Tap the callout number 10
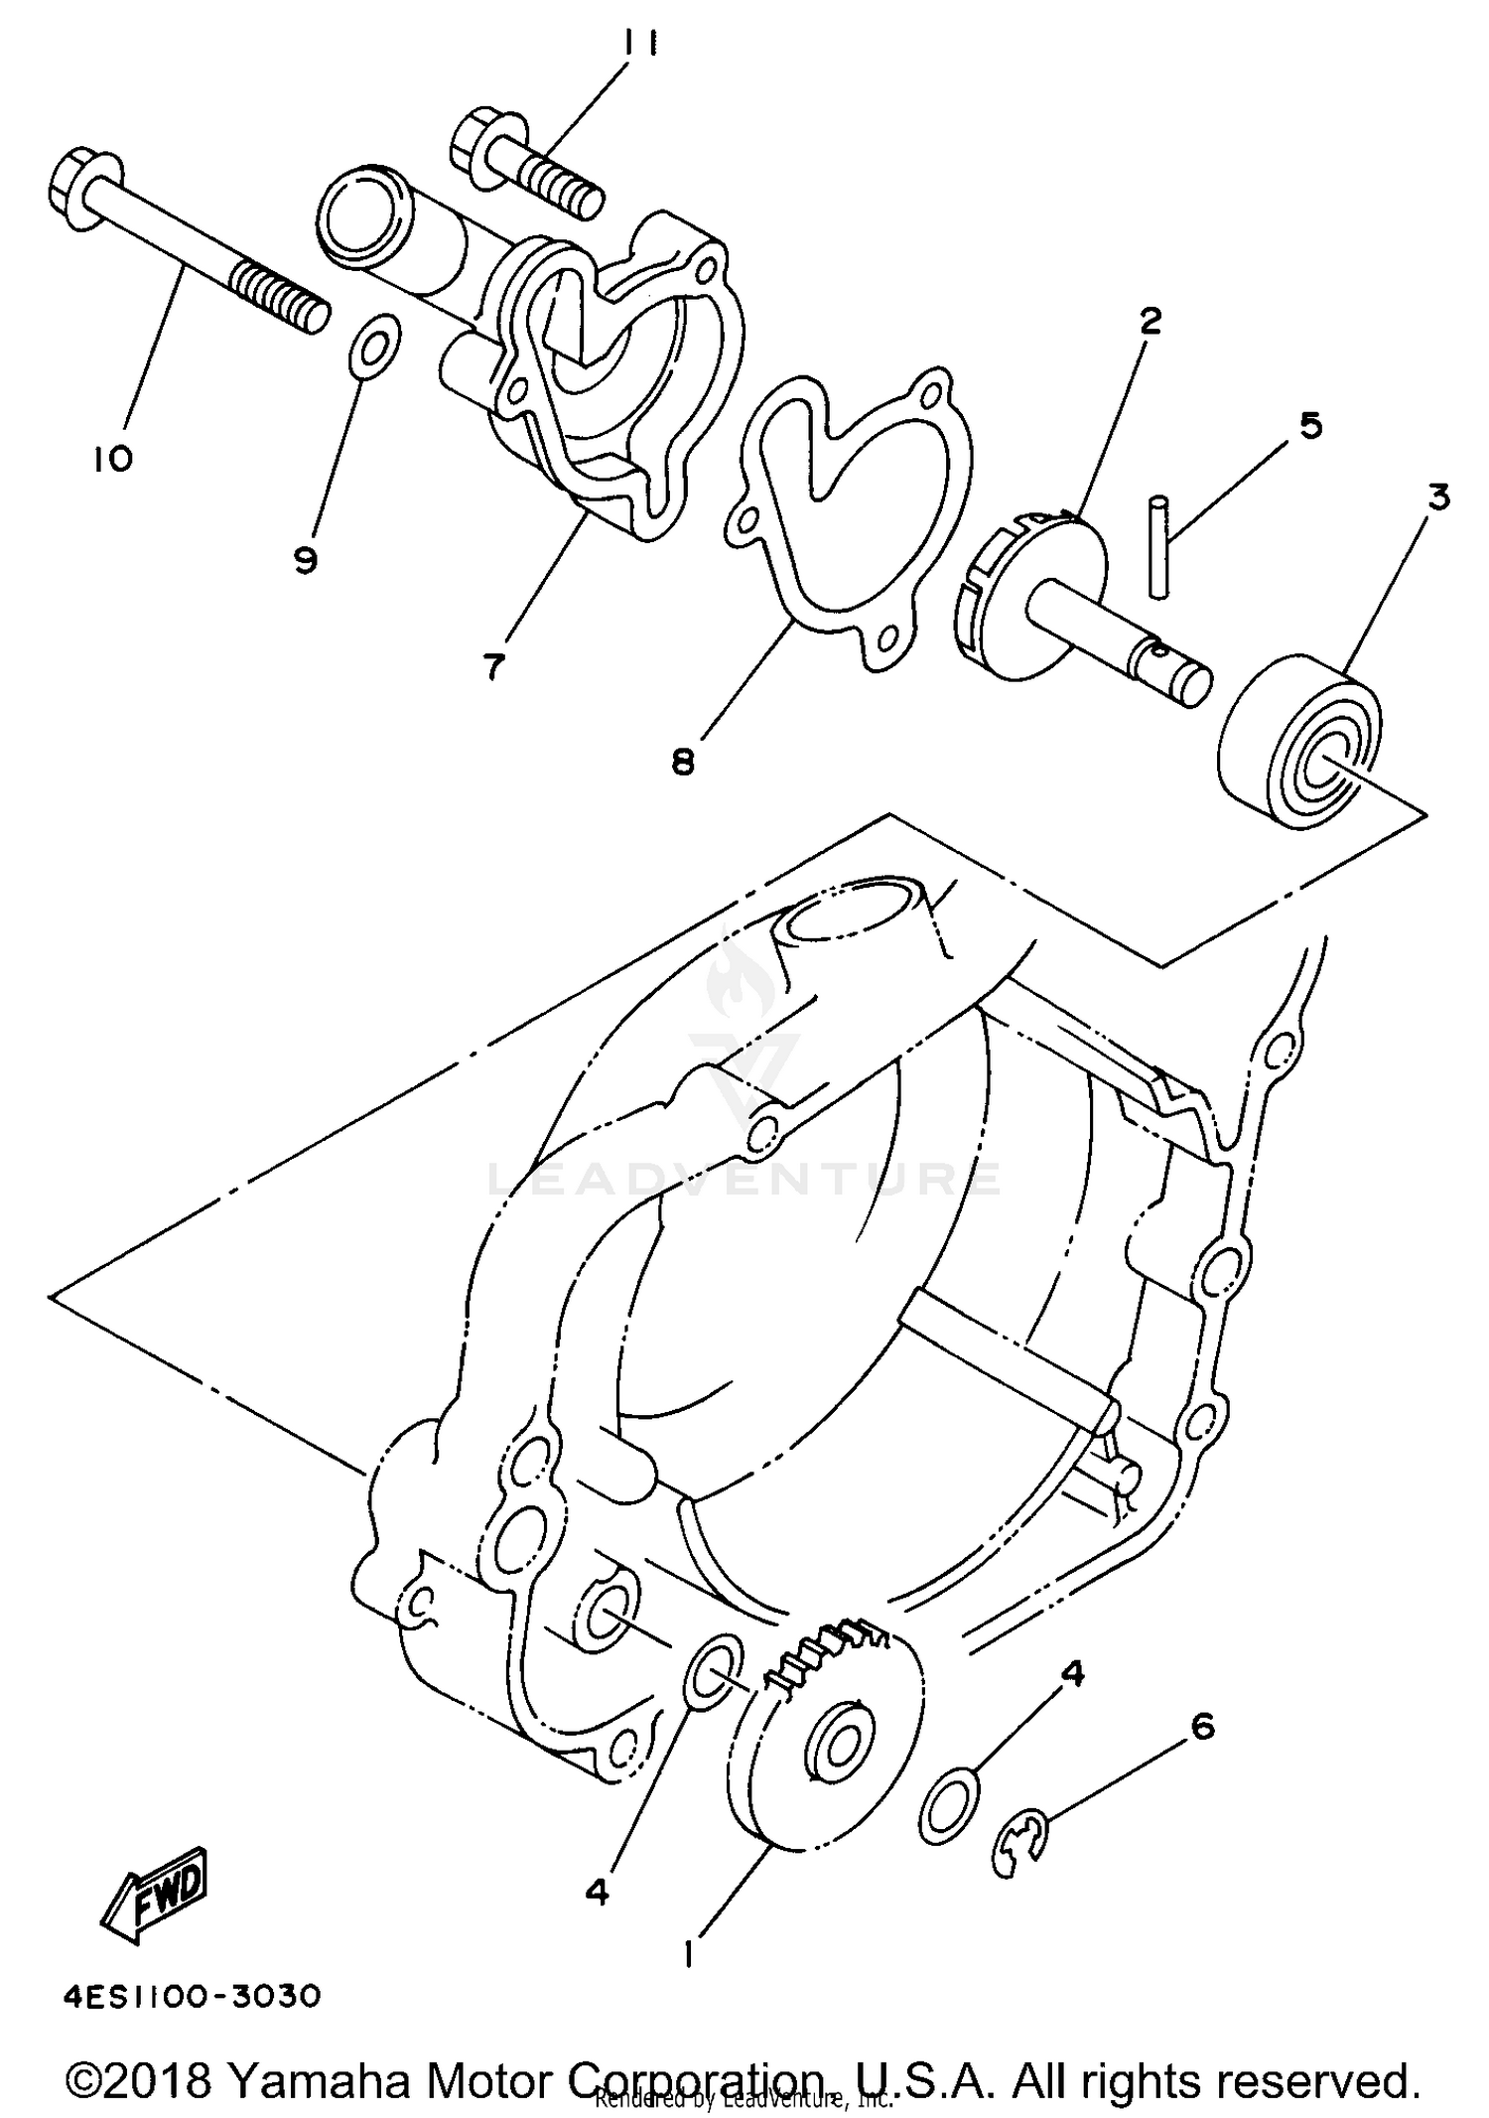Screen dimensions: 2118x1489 [114, 459]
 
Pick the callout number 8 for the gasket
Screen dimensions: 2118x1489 [683, 762]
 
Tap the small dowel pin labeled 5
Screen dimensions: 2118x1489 [1159, 548]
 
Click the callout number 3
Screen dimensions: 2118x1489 [1438, 496]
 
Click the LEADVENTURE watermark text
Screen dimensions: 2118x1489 [744, 1179]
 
